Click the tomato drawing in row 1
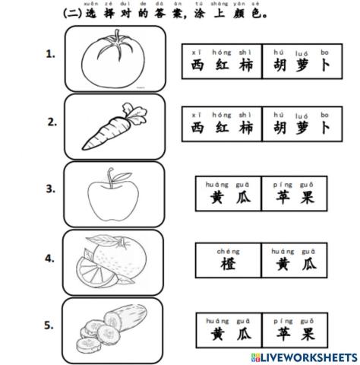115,59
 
